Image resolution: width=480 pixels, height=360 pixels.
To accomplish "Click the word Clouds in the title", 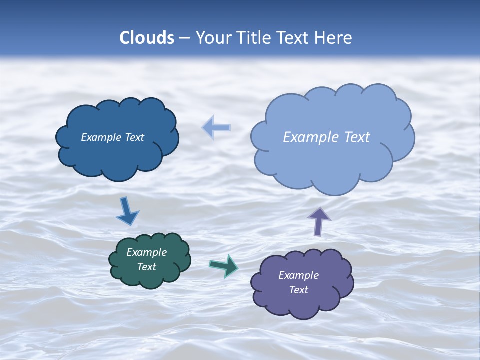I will click(x=146, y=38).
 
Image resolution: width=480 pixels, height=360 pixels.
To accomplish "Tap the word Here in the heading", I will click(x=333, y=38).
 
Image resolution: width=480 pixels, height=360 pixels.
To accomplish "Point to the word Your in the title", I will click(x=213, y=38).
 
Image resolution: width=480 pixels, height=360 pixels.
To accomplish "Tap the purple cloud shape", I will click(x=302, y=305).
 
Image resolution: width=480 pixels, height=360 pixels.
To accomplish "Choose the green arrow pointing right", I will click(x=224, y=265).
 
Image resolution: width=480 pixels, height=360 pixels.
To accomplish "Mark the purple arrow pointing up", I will click(x=319, y=221).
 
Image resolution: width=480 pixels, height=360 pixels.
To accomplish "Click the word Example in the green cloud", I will click(x=147, y=253).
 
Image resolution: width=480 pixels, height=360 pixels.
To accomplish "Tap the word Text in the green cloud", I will click(x=147, y=267).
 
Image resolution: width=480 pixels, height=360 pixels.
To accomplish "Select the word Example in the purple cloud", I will click(x=298, y=275).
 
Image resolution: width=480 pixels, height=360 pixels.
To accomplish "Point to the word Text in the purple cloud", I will click(x=298, y=290).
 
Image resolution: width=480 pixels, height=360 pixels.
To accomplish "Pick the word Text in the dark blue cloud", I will click(x=134, y=137).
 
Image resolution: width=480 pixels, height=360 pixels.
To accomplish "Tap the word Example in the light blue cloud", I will click(x=311, y=137).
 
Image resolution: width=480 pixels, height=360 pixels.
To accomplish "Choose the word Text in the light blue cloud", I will click(x=356, y=137).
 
